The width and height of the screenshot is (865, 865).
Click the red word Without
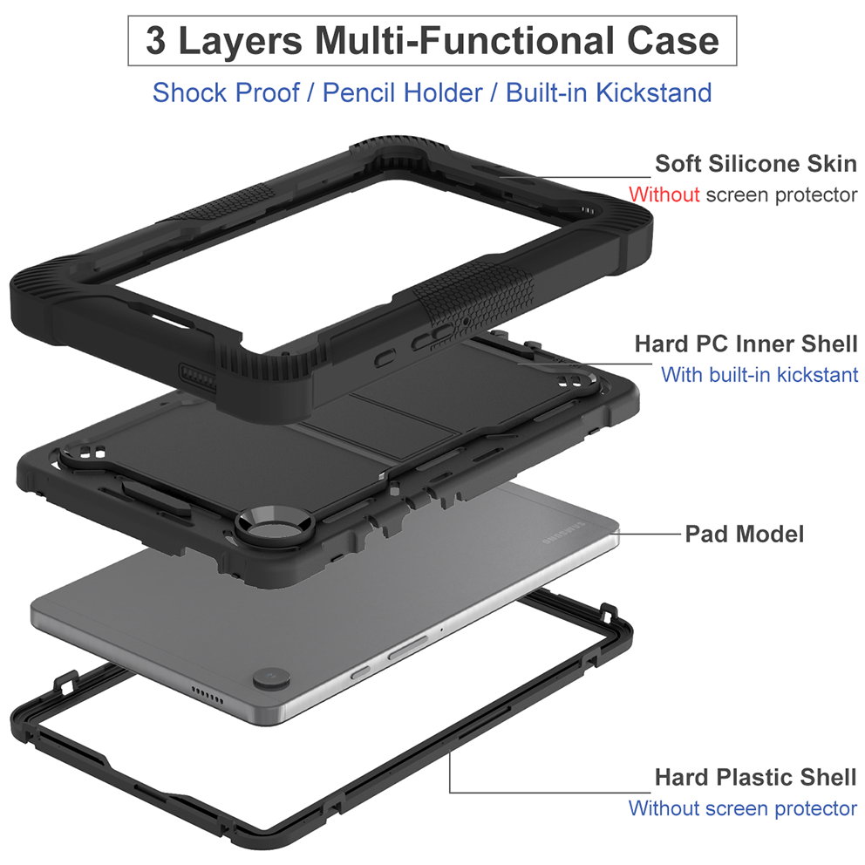click(664, 194)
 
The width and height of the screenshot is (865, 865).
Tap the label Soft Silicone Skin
click(756, 164)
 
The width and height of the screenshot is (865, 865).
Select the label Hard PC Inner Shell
click(746, 344)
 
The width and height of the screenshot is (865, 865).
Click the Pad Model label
click(744, 534)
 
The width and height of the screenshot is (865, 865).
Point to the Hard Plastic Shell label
click(755, 777)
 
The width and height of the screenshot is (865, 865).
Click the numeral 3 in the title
click(155, 41)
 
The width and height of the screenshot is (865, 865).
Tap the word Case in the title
click(673, 41)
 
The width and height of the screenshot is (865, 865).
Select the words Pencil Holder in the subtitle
click(402, 92)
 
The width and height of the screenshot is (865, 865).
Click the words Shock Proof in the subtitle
click(226, 92)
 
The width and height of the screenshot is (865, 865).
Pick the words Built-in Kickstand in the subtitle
click(609, 92)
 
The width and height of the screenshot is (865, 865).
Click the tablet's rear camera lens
click(271, 678)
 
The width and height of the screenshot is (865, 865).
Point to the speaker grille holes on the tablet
click(207, 696)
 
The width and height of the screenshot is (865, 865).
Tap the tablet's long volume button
click(407, 646)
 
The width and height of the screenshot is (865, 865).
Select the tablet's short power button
click(361, 672)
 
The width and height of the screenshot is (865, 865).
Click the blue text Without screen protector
click(743, 808)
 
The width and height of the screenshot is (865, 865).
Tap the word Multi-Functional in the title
click(464, 41)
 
